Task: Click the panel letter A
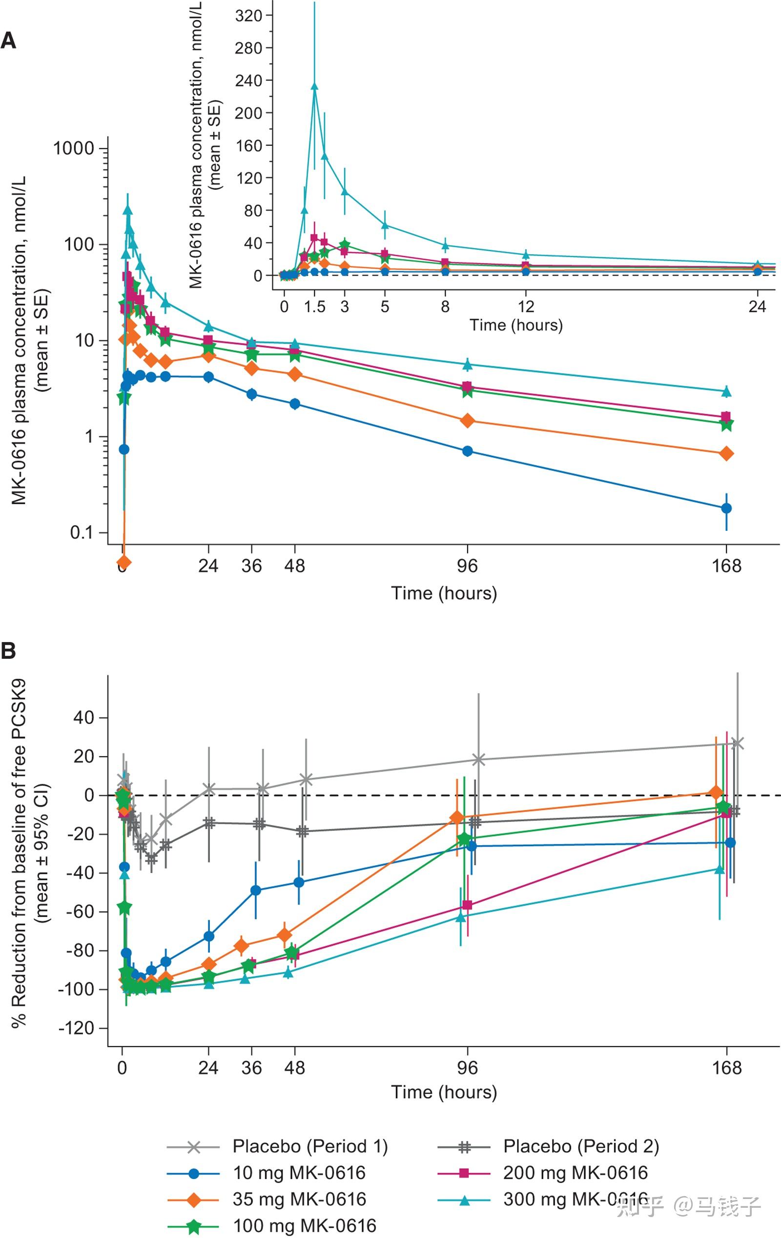[8, 41]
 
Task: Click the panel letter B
[8, 651]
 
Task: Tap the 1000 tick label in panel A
[74, 148]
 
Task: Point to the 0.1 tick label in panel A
[82, 533]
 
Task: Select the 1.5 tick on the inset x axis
[314, 307]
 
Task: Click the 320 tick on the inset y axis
[249, 16]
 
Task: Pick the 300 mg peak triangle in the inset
[315, 86]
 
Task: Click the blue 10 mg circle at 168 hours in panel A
[726, 508]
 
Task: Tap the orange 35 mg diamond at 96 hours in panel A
[467, 421]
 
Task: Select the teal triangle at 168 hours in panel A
[726, 392]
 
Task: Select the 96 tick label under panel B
[467, 1068]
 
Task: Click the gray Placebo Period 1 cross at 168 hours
[737, 743]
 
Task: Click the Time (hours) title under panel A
[444, 593]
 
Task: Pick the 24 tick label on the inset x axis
[757, 307]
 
